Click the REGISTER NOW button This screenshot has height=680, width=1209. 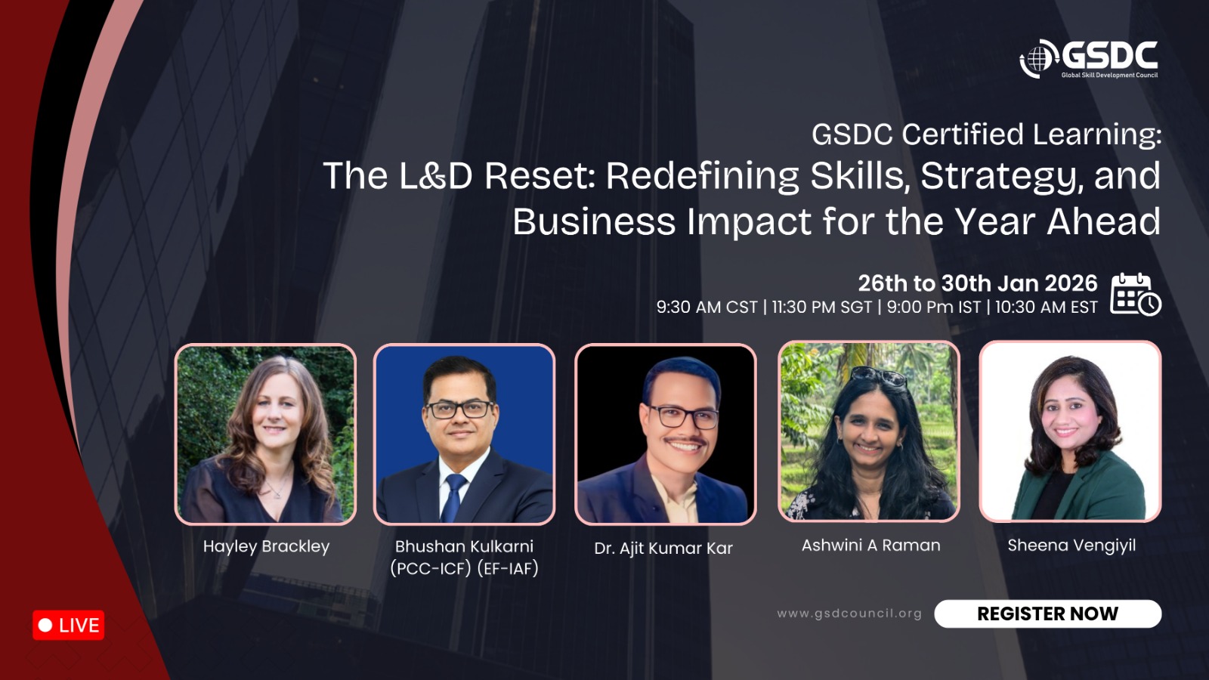1047,614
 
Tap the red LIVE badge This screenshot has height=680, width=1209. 69,625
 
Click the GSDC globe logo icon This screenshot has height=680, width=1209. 1038,59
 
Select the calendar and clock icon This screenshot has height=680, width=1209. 1136,294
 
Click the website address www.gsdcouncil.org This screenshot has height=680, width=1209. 849,614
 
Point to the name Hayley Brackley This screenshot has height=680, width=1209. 266,546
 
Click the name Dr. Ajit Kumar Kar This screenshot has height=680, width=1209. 663,548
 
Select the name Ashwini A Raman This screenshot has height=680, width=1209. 870,545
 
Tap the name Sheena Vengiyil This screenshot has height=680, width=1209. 1071,545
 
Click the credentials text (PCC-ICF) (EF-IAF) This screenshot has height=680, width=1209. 464,568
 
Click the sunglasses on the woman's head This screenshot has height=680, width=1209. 879,375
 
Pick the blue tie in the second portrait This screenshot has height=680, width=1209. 453,497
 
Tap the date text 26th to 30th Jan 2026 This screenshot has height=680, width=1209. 978,283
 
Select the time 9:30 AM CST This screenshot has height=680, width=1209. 707,307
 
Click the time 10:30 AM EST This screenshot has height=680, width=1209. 1046,307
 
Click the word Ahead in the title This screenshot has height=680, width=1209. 1104,221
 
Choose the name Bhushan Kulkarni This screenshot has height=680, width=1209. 464,546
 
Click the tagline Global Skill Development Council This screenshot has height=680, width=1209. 1110,75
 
